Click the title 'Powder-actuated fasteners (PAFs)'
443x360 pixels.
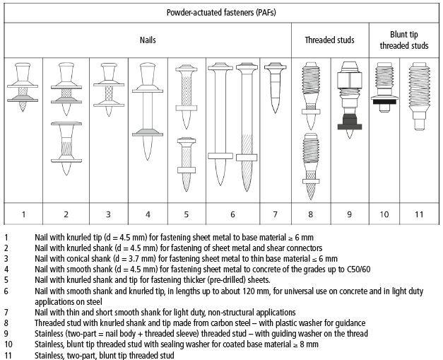[221, 13]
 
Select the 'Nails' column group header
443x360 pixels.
[147, 40]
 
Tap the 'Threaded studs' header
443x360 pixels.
[329, 40]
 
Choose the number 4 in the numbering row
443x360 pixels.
[147, 214]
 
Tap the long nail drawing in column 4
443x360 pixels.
[147, 113]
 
